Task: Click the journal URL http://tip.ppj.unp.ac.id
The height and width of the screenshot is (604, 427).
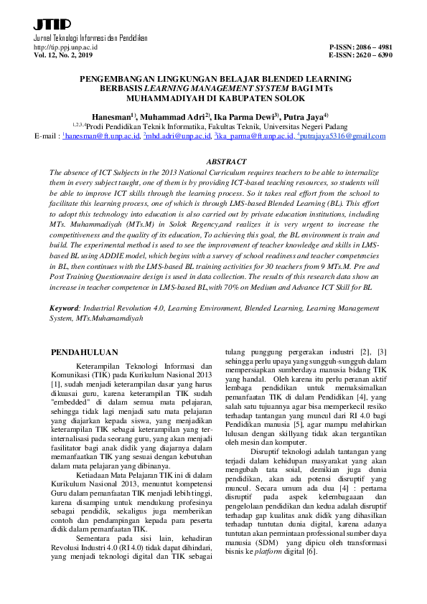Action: [x=66, y=47]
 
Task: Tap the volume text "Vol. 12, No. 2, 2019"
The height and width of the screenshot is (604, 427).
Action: [x=64, y=55]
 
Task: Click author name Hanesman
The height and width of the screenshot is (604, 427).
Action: [x=112, y=115]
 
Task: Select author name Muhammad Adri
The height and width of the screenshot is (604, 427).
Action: [x=171, y=115]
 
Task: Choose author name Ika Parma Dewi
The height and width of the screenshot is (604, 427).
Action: [x=241, y=115]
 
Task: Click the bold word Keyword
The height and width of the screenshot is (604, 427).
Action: [x=64, y=307]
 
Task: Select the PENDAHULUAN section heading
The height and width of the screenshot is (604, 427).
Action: [x=87, y=352]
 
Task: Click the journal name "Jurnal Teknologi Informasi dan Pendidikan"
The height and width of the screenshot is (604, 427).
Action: [x=85, y=37]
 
